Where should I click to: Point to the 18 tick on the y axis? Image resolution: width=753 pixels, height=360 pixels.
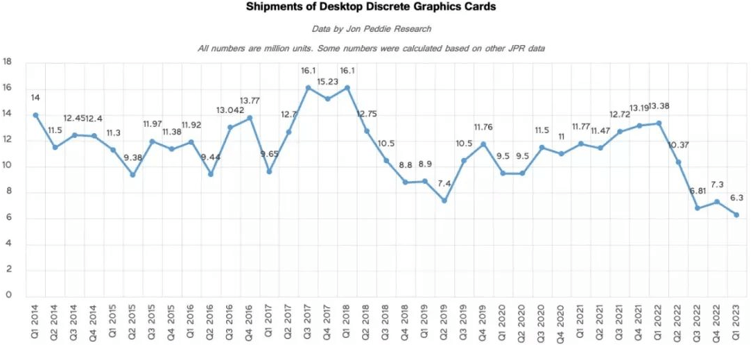pyautogui.click(x=8, y=62)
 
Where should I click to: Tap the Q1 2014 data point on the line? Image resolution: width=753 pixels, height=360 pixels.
pyautogui.click(x=35, y=114)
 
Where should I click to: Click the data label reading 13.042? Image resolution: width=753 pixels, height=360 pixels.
pyautogui.click(x=230, y=110)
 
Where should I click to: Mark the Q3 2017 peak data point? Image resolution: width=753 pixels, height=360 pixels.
pyautogui.click(x=308, y=87)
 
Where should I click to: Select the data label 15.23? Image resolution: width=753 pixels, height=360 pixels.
pyautogui.click(x=327, y=82)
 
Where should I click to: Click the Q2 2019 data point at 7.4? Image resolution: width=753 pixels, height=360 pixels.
pyautogui.click(x=444, y=200)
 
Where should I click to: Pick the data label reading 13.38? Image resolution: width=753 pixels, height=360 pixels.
pyautogui.click(x=659, y=106)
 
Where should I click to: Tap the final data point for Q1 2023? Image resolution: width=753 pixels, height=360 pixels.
pyautogui.click(x=736, y=215)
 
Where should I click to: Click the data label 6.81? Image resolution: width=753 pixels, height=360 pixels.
pyautogui.click(x=698, y=191)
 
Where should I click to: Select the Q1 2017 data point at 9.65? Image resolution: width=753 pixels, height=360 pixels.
pyautogui.click(x=269, y=171)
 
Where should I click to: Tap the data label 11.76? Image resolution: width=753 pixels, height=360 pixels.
pyautogui.click(x=483, y=127)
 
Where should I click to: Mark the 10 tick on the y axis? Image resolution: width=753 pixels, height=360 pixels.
pyautogui.click(x=8, y=166)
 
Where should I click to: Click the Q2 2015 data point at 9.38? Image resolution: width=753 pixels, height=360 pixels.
pyautogui.click(x=132, y=175)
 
